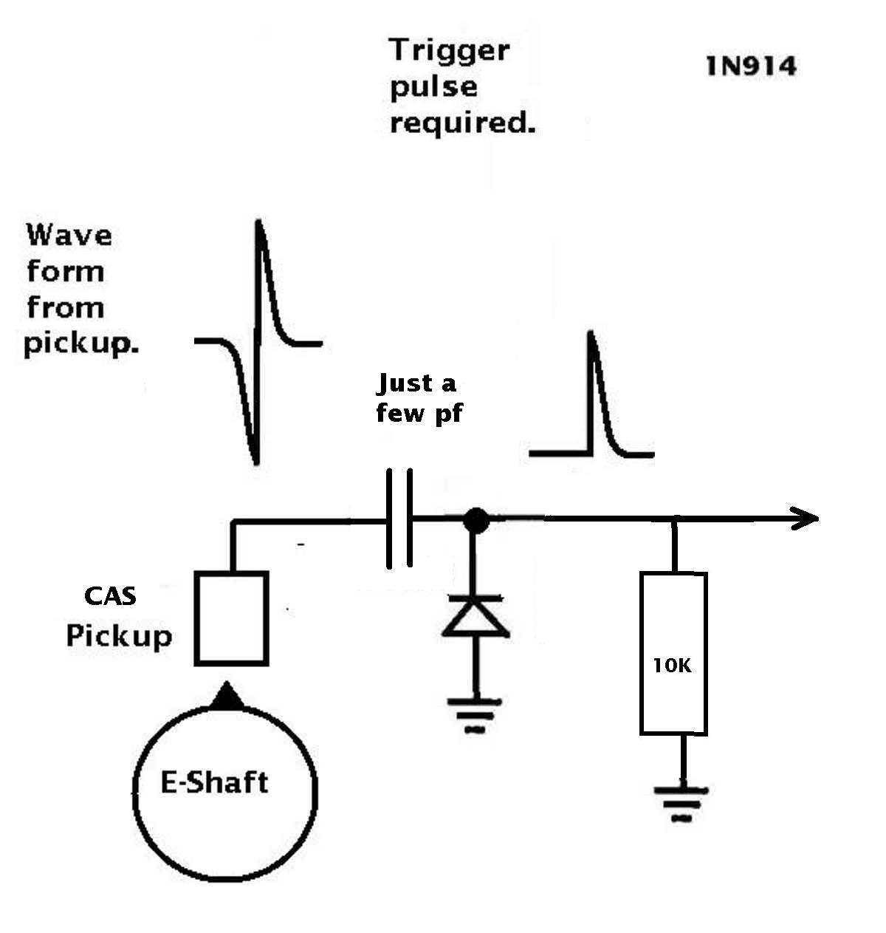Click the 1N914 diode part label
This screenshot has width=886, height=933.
click(751, 66)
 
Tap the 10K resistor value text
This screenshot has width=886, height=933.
click(672, 666)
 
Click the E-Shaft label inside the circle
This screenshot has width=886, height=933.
click(214, 782)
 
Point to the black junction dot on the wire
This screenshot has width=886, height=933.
click(475, 520)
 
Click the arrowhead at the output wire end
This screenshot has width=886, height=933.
click(804, 519)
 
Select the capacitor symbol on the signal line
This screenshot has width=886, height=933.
click(399, 518)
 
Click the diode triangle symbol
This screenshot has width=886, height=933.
click(475, 617)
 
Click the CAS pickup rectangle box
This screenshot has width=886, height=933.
click(231, 618)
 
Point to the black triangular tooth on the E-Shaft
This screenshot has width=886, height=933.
click(227, 696)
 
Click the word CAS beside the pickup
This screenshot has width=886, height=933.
click(110, 596)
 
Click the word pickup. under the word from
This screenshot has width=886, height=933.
click(81, 344)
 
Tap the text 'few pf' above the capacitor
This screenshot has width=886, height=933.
click(419, 412)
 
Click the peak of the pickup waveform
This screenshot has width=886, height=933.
click(258, 221)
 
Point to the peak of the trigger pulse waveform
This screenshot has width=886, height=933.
click(591, 332)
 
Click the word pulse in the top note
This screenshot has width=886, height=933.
click(433, 88)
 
